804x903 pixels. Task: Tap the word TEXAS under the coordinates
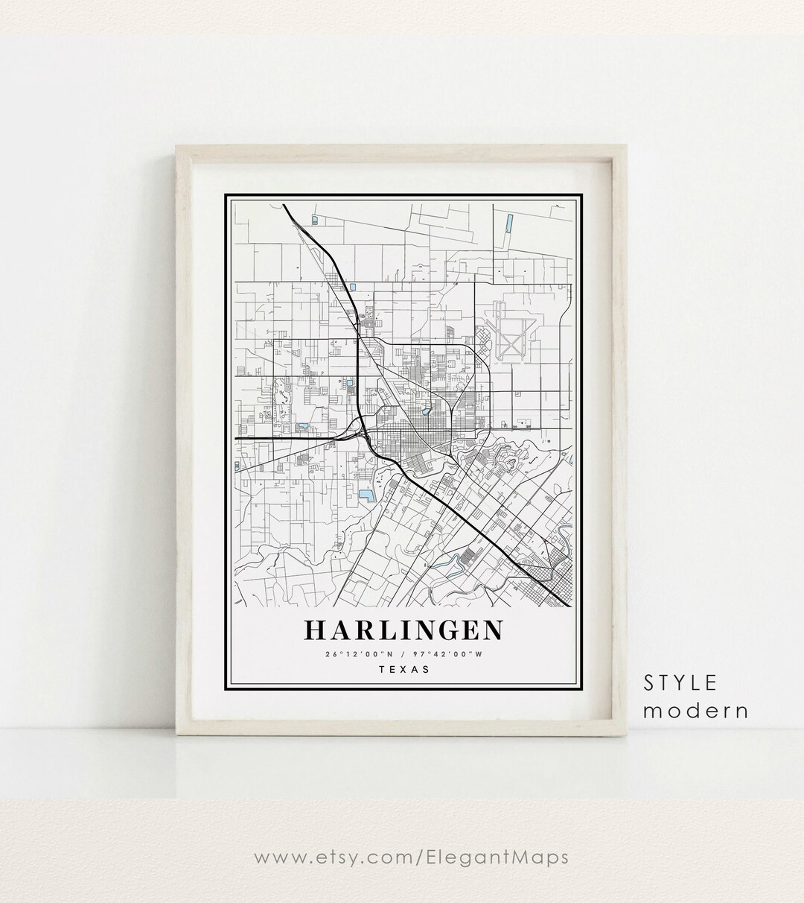pos(404,668)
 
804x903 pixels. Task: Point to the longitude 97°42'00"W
pos(453,654)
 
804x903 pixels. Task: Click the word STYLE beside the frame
pos(681,682)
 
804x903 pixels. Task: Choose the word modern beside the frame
pos(696,710)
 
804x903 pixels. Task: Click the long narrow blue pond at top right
pos(509,222)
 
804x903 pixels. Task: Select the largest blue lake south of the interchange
pos(366,494)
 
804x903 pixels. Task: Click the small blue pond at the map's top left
pos(313,219)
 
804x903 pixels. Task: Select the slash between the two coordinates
pos(403,654)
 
